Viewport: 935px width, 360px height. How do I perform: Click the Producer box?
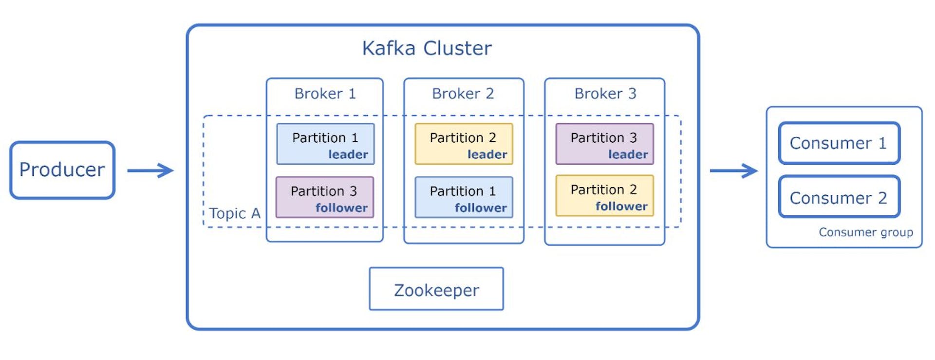pos(62,170)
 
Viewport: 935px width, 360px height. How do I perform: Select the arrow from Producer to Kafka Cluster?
pos(150,171)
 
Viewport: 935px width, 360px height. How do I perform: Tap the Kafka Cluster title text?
pos(427,48)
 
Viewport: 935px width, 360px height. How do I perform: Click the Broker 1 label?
pos(325,94)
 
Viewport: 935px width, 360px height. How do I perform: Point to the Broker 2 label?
pos(463,94)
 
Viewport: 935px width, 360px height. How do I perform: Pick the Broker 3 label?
pos(605,94)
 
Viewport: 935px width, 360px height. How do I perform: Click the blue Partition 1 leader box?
pos(325,144)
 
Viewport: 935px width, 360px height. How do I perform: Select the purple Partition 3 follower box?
pos(324,197)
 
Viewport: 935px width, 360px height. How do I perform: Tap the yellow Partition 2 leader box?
pos(463,144)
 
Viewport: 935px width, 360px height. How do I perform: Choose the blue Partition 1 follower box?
pos(463,197)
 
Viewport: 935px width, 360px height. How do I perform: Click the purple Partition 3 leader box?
pos(604,144)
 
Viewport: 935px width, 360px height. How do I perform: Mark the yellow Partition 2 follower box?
pos(604,196)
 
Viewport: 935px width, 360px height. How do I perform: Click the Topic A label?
pos(235,213)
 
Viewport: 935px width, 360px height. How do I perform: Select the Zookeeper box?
pos(436,289)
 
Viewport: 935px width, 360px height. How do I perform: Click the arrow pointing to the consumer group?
pos(733,171)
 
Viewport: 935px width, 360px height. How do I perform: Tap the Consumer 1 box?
pos(839,143)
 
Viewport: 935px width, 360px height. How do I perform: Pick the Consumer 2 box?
pos(839,197)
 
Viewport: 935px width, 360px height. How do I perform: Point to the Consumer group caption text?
pos(865,232)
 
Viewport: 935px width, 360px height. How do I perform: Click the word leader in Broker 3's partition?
pos(628,154)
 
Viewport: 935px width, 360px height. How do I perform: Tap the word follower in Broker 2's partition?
pos(481,208)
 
